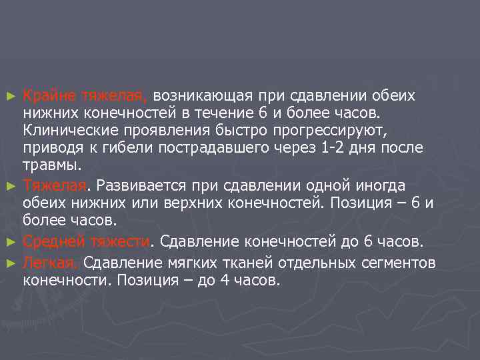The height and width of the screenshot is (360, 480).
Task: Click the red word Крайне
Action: pos(50,95)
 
